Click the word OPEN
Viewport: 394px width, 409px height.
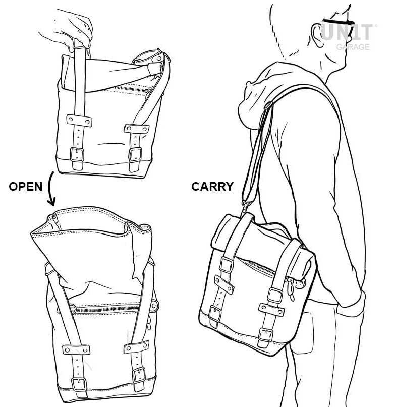(25, 187)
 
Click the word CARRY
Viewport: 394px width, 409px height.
(212, 187)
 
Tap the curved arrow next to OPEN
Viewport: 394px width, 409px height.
(51, 188)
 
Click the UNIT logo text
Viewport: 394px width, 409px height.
(347, 32)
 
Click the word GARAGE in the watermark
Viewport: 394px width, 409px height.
(353, 47)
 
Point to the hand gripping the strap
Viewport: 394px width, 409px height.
(68, 30)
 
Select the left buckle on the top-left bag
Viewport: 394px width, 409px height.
(77, 155)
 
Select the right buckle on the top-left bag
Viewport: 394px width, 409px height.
(135, 155)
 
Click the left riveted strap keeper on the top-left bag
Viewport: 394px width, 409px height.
(79, 121)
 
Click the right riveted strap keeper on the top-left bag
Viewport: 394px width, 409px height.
(137, 128)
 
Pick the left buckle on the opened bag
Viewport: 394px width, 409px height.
(79, 384)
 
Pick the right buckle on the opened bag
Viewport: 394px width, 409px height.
(139, 375)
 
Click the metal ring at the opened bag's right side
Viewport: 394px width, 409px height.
(154, 306)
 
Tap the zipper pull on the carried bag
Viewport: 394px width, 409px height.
(291, 289)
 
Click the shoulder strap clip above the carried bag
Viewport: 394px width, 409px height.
(245, 207)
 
